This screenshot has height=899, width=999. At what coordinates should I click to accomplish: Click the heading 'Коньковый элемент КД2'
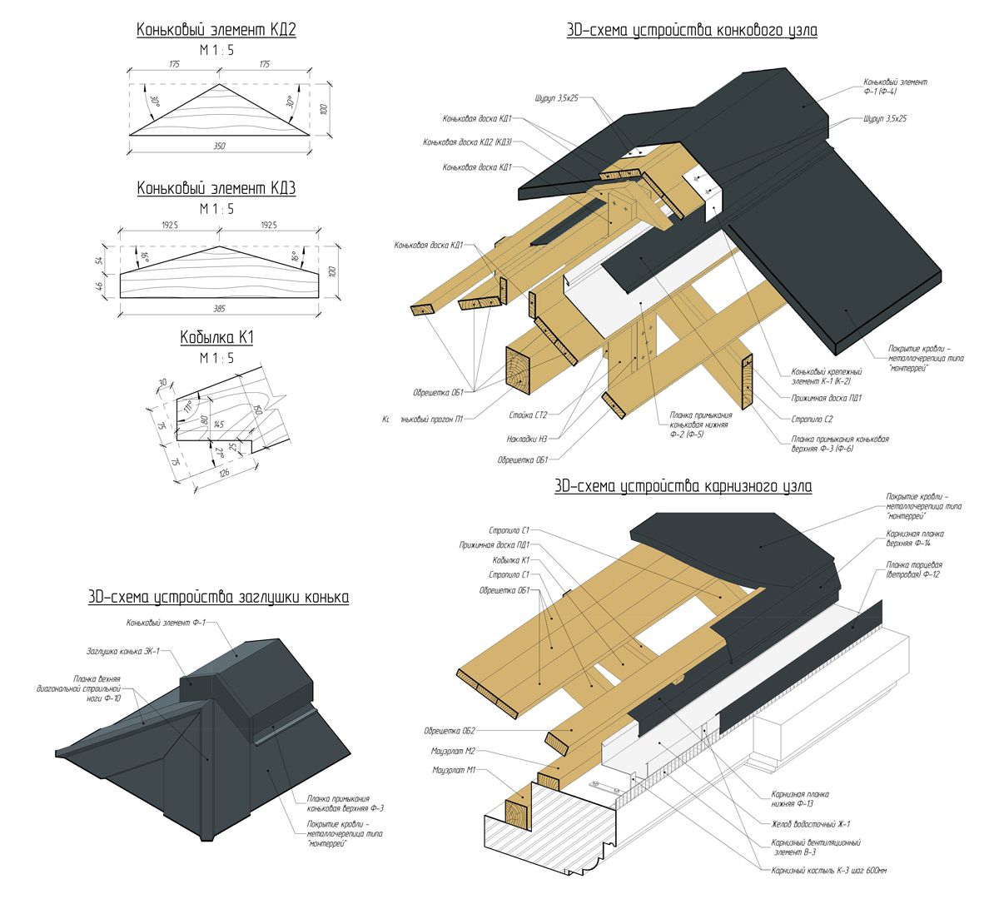216,30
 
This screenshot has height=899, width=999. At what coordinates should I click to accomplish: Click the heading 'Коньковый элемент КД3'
216,189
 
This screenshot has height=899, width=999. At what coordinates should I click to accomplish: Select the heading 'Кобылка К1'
216,338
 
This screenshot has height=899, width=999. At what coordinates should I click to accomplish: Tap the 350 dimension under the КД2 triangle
218,147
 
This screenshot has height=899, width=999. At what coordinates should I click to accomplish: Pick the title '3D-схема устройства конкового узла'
691,31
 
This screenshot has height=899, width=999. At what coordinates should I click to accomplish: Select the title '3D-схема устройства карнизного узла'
683,485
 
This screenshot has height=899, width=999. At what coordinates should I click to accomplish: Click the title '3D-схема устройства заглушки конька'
218,598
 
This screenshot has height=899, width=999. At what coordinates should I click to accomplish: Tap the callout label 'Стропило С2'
817,419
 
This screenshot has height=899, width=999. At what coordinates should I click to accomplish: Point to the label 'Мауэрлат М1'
453,770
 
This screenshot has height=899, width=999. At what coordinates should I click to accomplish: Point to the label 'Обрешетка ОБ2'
449,731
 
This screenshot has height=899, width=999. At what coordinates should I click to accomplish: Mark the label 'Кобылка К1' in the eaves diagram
511,560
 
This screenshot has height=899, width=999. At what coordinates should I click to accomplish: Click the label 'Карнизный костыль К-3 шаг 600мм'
829,871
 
